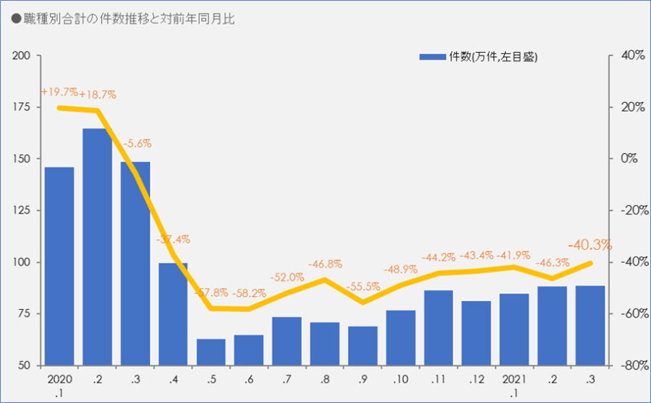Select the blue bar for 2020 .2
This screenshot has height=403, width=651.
pyautogui.click(x=97, y=246)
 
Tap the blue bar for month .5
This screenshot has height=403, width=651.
pyautogui.click(x=210, y=352)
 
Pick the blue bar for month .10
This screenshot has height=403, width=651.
pyautogui.click(x=400, y=337)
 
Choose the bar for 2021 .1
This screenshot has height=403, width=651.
pyautogui.click(x=514, y=329)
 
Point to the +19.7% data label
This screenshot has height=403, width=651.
pyautogui.click(x=59, y=92)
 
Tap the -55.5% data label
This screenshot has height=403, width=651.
pyautogui.click(x=363, y=287)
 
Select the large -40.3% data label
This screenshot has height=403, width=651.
pyautogui.click(x=590, y=245)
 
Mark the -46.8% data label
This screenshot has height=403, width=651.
pyautogui.click(x=325, y=264)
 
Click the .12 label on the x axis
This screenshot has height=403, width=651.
pyautogui.click(x=476, y=380)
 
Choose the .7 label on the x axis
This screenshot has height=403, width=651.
pyautogui.click(x=286, y=380)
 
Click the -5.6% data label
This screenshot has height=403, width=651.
pyautogui.click(x=135, y=144)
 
